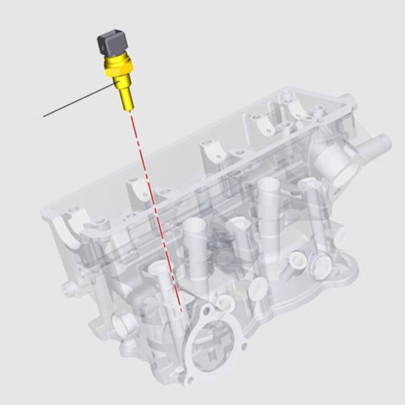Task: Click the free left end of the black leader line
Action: click(x=44, y=116)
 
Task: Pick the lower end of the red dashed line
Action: click(x=181, y=310)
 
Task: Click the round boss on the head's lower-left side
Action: click(x=123, y=323)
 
